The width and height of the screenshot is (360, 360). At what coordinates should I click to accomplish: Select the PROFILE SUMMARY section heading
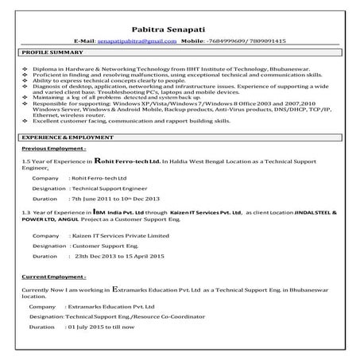point(48,52)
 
